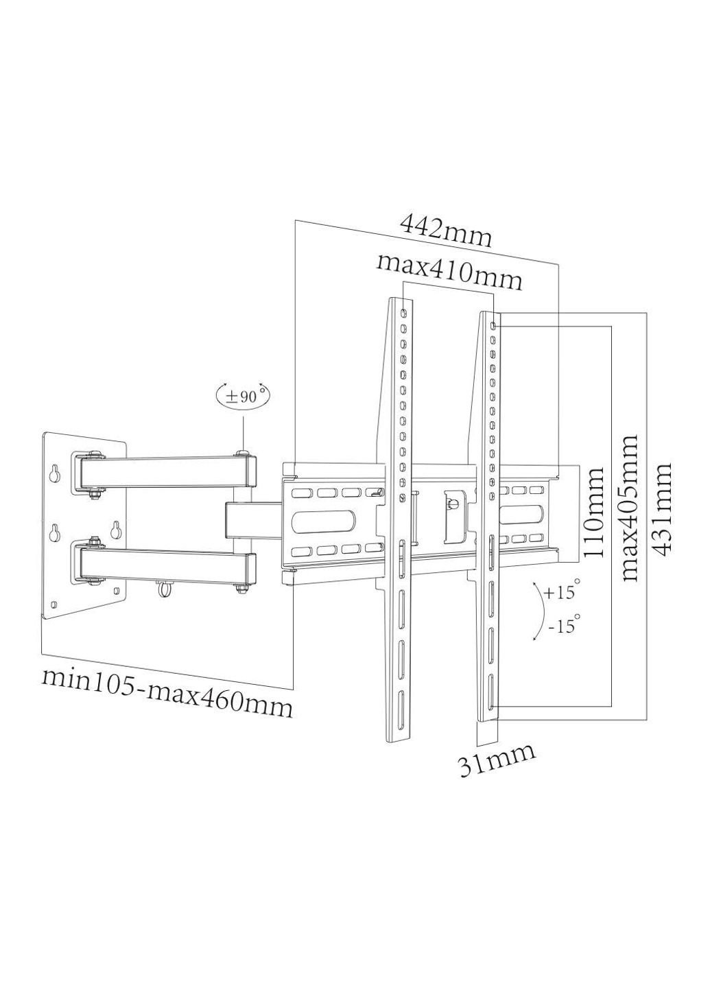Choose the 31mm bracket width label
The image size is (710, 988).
click(x=497, y=760)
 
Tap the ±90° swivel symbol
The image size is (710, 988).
click(x=244, y=396)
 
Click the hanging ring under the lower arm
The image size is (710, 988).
click(x=164, y=589)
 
